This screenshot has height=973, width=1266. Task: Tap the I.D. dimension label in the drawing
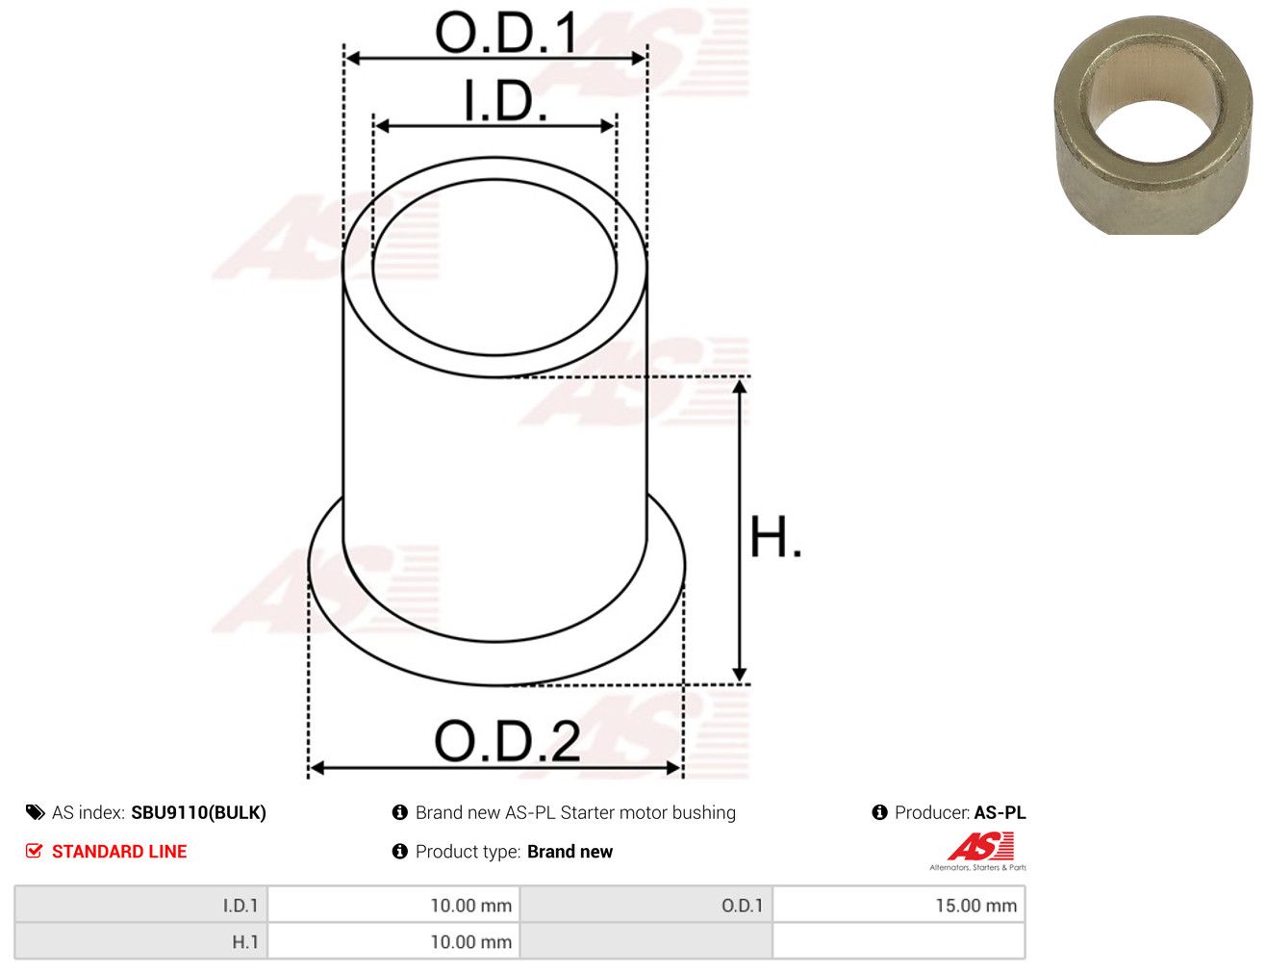504,101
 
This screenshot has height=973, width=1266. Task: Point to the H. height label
774,536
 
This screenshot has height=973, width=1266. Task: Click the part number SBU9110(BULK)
198,812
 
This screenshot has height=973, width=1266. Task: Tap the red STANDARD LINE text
119,851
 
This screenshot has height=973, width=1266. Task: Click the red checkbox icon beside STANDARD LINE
34,851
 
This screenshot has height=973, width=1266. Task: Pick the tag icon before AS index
35,812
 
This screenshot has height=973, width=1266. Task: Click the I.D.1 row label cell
141,905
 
